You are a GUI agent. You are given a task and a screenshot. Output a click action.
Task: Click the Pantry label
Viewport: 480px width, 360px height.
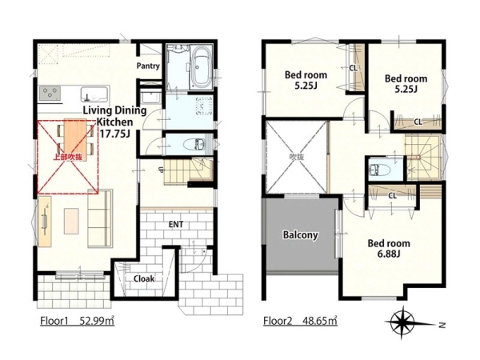(148, 66)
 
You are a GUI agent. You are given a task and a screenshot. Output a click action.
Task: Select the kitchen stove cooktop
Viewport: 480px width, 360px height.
(50, 94)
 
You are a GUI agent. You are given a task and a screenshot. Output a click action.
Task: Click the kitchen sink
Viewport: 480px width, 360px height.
(94, 94)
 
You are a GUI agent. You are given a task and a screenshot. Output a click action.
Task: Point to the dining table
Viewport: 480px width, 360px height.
(76, 138)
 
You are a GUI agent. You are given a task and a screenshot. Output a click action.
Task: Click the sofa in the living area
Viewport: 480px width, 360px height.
(100, 218)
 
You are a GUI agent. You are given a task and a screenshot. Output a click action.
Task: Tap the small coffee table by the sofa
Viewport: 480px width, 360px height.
(71, 221)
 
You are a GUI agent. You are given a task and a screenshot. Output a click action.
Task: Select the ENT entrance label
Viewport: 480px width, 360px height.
(176, 224)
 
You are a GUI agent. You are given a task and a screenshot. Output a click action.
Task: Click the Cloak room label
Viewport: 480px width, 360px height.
(144, 279)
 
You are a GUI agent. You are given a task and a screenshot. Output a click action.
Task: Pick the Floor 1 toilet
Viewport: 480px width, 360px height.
(194, 144)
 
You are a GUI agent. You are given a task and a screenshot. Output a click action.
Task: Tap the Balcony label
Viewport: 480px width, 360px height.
(300, 234)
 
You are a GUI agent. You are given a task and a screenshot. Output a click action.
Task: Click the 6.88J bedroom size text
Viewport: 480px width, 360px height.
(389, 254)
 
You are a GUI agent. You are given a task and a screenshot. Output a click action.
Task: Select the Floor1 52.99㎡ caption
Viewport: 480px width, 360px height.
(77, 321)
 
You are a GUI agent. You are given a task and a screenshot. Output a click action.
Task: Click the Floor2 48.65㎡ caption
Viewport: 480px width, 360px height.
(300, 321)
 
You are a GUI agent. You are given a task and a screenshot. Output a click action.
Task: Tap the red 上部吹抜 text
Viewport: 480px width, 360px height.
(68, 157)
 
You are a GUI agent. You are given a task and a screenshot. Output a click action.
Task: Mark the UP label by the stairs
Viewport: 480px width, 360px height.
(161, 170)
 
